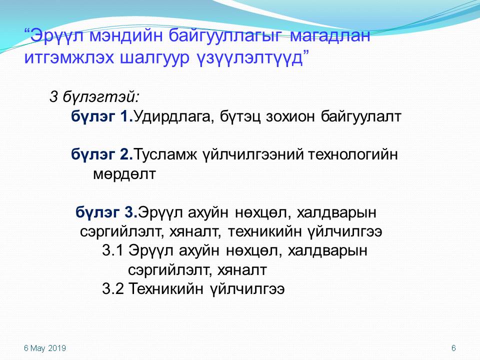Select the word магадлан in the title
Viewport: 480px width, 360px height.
click(x=330, y=35)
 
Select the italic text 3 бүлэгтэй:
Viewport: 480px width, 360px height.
click(x=94, y=97)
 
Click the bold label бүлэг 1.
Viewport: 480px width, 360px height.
click(x=102, y=116)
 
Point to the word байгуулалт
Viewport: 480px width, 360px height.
click(x=361, y=116)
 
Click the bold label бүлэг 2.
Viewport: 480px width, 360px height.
click(x=102, y=154)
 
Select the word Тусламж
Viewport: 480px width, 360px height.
click(x=165, y=154)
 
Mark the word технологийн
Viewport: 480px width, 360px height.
click(x=352, y=154)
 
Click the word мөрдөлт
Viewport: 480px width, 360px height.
click(x=124, y=174)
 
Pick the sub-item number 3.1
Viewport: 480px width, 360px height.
click(x=112, y=250)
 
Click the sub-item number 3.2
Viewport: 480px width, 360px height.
click(x=112, y=288)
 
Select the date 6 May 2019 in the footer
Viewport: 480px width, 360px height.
click(x=45, y=348)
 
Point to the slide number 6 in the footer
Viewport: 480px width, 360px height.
click(x=453, y=348)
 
